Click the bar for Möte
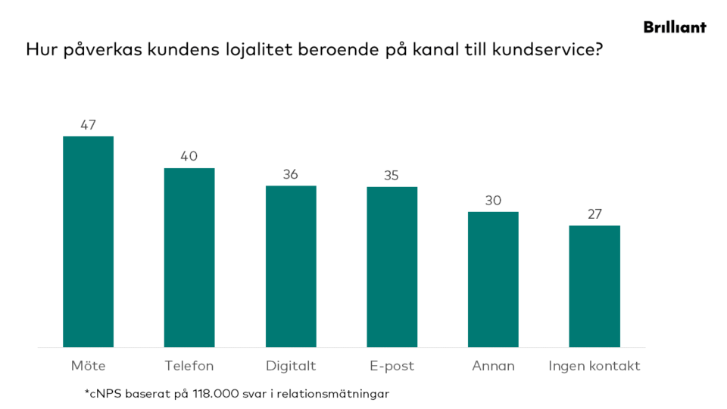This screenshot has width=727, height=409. coord(88,242)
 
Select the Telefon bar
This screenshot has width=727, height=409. coord(189,258)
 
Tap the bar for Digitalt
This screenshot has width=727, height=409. coord(291,266)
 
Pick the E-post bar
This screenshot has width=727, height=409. coord(392,267)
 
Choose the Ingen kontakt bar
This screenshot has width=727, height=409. coord(594,286)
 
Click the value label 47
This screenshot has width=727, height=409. coord(88,125)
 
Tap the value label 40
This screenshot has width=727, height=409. coord(189,157)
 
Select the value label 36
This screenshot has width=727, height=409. coord(291,174)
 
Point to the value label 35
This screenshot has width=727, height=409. coord(392,175)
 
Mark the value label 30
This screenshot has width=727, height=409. coord(493,201)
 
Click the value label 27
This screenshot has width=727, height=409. coord(594,214)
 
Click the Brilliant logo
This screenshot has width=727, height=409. coord(675,27)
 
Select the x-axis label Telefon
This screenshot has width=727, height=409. coord(189,366)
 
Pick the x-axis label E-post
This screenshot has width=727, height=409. coord(392,366)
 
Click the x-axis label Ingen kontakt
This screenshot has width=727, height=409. coord(594,366)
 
